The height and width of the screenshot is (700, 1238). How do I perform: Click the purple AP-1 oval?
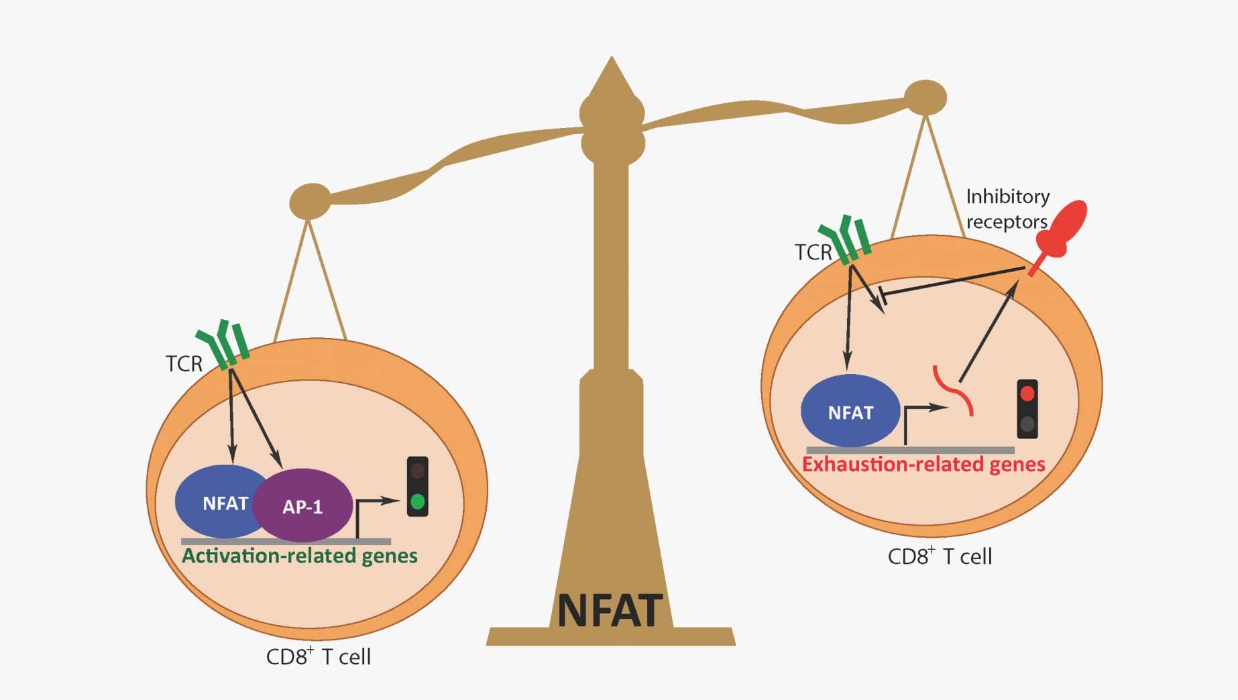click(x=303, y=506)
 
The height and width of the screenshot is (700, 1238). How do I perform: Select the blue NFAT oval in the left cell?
click(x=218, y=502)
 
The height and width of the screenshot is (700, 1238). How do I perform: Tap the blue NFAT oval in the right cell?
click(x=850, y=412)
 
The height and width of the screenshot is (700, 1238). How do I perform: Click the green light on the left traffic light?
click(x=417, y=501)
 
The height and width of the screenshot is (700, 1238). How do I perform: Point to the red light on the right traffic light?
click(x=1027, y=394)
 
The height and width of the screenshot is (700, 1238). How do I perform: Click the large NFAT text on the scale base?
click(x=609, y=610)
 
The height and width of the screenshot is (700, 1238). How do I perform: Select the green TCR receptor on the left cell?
click(x=224, y=345)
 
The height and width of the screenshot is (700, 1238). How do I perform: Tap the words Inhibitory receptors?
click(x=1007, y=209)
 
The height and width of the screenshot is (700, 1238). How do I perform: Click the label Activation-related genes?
click(x=300, y=556)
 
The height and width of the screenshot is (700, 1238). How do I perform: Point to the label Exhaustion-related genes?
click(x=923, y=464)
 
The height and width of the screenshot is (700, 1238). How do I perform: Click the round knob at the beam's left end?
click(x=310, y=201)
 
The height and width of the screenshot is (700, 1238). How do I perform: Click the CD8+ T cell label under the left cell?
click(x=318, y=656)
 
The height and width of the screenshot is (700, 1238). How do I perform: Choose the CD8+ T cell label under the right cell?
click(x=939, y=556)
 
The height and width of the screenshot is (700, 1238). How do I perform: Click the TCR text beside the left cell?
click(x=184, y=363)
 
